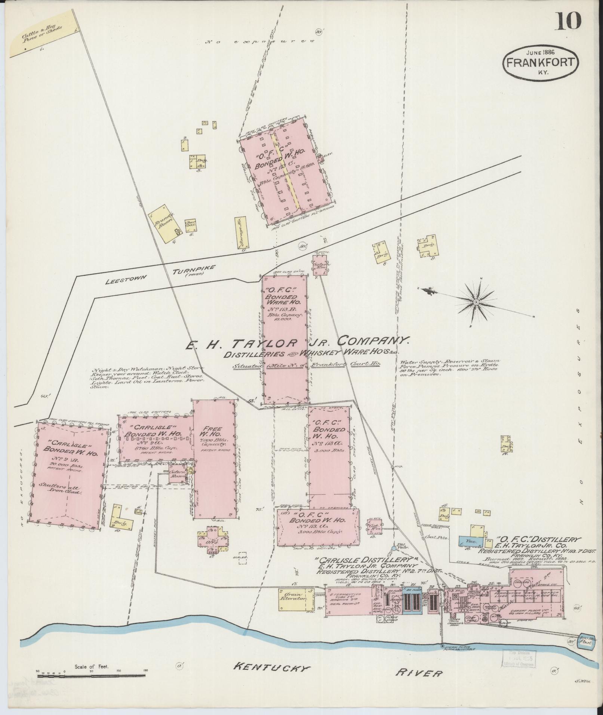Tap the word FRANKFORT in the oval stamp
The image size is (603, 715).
click(541, 62)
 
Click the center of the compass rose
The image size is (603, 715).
click(476, 302)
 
